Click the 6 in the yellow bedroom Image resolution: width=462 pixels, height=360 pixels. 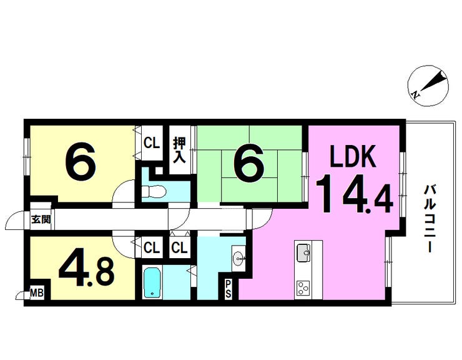point(81,162)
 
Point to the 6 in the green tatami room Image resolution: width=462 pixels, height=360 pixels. point(248,163)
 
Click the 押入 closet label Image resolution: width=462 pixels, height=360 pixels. point(179,149)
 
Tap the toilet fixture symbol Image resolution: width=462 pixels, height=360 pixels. point(155,190)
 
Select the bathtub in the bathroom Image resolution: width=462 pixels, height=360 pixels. point(152,283)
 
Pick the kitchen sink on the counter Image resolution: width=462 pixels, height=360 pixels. point(303,254)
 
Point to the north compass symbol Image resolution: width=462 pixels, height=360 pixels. point(429,85)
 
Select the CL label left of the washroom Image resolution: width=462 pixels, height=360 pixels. point(180,247)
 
